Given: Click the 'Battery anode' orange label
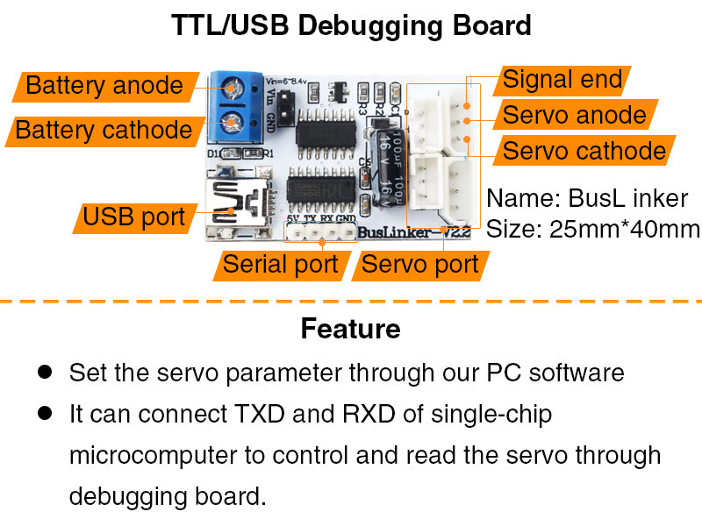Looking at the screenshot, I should click(103, 86).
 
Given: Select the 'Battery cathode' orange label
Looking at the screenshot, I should click(103, 131).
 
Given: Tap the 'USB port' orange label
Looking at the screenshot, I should click(133, 217).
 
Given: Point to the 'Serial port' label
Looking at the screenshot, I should click(280, 264).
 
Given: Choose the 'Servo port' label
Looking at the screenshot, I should click(419, 264).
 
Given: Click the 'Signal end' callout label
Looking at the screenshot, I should click(562, 81).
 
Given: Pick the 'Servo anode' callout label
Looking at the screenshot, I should click(574, 115).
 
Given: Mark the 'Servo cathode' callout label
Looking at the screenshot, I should click(584, 151).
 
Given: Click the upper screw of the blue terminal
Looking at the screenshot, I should click(233, 88).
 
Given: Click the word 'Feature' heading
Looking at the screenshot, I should click(350, 329).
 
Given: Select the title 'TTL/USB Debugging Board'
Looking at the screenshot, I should click(351, 25).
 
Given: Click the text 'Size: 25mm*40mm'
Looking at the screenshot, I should click(592, 230).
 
